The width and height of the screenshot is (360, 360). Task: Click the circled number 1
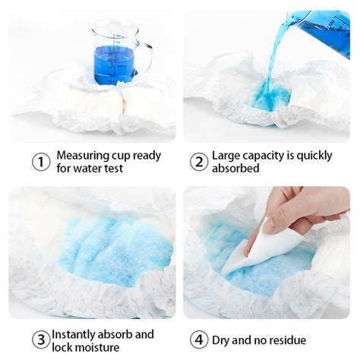click(x=41, y=162)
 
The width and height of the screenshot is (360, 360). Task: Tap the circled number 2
click(x=199, y=162)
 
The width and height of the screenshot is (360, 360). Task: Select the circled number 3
click(x=41, y=339)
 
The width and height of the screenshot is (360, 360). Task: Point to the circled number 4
click(x=199, y=339)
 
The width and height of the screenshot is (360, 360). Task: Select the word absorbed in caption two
click(x=235, y=168)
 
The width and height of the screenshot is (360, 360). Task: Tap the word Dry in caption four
click(x=221, y=341)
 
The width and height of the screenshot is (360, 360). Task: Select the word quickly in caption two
click(x=314, y=156)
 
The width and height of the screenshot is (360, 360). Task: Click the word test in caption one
click(x=112, y=169)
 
